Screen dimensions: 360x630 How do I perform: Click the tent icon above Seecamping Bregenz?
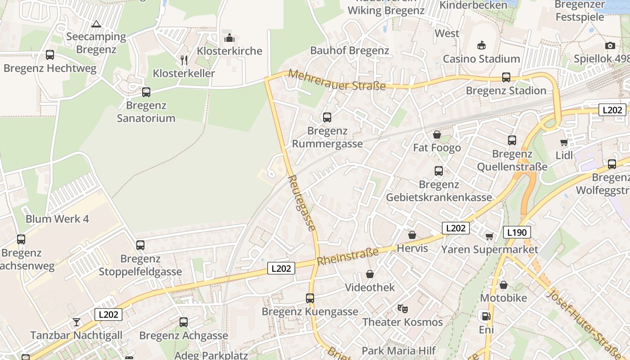(x=95, y=24)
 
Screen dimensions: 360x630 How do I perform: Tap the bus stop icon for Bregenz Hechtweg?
(x=50, y=55)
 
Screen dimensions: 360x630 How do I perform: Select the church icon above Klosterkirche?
(x=229, y=37)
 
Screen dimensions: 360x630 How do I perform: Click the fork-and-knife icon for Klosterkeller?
(x=184, y=60)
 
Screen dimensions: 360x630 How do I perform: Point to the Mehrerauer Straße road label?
(x=337, y=80)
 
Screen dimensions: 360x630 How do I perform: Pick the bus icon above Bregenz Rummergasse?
(x=327, y=117)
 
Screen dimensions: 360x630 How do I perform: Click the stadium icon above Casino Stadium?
(x=481, y=45)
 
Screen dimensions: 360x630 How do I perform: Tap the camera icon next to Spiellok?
(x=610, y=45)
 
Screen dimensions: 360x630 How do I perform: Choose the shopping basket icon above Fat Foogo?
(x=436, y=135)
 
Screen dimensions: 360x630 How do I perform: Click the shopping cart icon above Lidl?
(x=564, y=143)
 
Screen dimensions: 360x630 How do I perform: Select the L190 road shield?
(x=517, y=232)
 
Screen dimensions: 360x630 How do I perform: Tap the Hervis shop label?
(x=412, y=248)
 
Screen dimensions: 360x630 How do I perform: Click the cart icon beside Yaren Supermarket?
(x=489, y=236)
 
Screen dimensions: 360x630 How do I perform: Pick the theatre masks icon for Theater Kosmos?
(x=402, y=309)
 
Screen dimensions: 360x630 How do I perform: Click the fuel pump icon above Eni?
(x=486, y=316)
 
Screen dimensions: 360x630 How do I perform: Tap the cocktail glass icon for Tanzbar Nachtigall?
(x=76, y=322)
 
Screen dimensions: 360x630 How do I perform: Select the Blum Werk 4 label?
(x=57, y=219)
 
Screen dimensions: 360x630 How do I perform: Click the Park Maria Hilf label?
(x=399, y=351)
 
